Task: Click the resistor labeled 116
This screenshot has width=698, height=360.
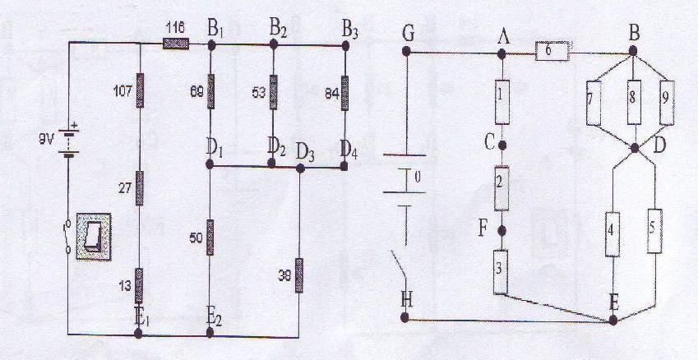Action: (176, 45)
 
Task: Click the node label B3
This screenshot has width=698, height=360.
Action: (351, 32)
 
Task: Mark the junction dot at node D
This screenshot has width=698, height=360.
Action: (637, 148)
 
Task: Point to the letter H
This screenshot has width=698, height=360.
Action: (405, 301)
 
